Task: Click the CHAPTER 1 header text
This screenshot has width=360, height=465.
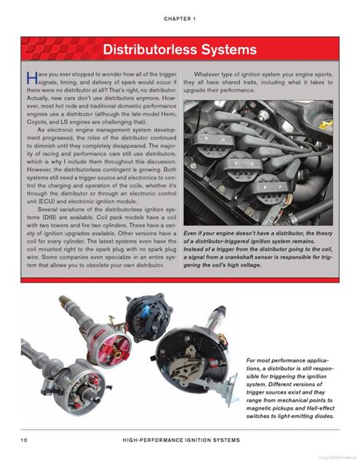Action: click(180, 19)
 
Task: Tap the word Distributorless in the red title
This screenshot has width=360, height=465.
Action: click(151, 49)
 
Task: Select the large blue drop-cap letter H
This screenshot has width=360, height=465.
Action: click(32, 78)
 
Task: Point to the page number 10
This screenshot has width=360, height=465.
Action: click(24, 440)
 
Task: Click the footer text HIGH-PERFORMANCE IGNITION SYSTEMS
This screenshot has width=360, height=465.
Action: click(181, 440)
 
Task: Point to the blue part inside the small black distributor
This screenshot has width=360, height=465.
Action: click(145, 312)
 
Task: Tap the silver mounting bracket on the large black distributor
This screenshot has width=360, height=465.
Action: click(228, 390)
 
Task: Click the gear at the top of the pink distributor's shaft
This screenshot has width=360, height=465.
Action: click(63, 300)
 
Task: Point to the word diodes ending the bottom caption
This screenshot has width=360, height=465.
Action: click(325, 416)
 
